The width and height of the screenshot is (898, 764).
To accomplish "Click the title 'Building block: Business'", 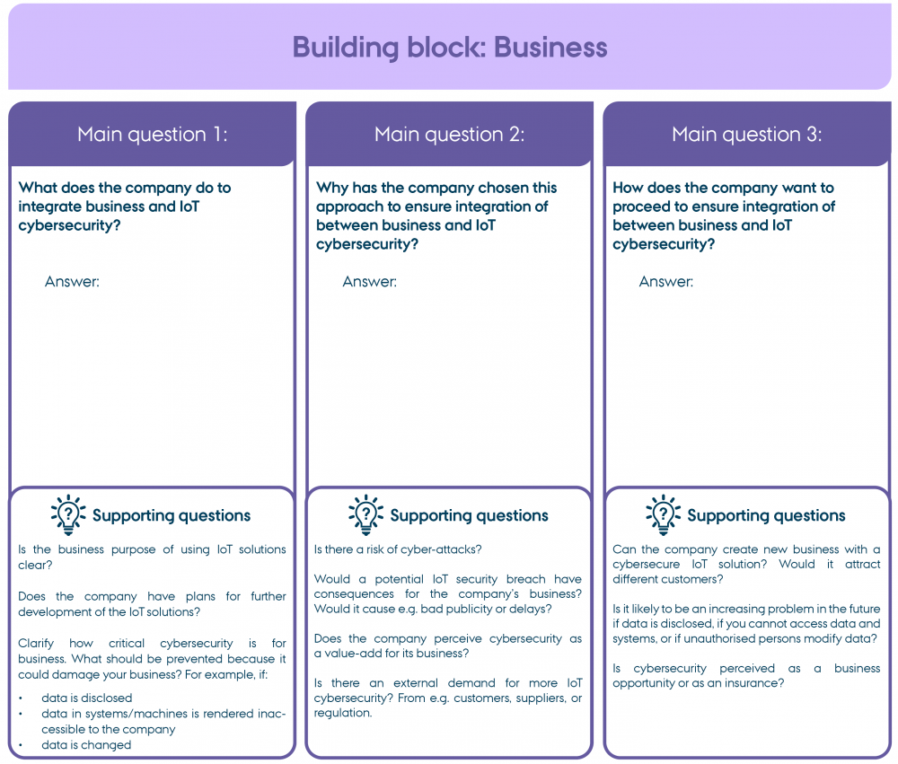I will click(x=450, y=47).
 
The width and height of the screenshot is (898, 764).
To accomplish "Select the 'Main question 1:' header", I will click(x=153, y=135).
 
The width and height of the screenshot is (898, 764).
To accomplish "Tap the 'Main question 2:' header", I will click(x=449, y=135).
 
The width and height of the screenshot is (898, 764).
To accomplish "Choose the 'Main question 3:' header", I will click(x=746, y=135).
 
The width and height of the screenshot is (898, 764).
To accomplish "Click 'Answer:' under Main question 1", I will click(x=72, y=282).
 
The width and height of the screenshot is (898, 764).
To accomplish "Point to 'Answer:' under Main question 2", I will click(x=369, y=282).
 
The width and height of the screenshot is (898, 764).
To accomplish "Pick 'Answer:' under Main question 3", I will click(x=666, y=282).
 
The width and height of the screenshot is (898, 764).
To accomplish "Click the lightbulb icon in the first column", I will click(x=68, y=514).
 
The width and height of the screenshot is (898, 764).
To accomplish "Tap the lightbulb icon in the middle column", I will click(x=365, y=514).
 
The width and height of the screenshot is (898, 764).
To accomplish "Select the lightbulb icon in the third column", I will click(x=663, y=514).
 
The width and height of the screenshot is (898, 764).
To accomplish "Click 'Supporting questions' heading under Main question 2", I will click(x=469, y=515).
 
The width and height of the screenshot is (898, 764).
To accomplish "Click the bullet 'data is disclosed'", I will click(x=86, y=698).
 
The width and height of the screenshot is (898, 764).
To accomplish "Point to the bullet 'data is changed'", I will click(x=86, y=745).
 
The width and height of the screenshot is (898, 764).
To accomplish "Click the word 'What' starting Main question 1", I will click(x=37, y=188).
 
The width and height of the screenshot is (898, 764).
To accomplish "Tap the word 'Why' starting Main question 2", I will click(x=331, y=188).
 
